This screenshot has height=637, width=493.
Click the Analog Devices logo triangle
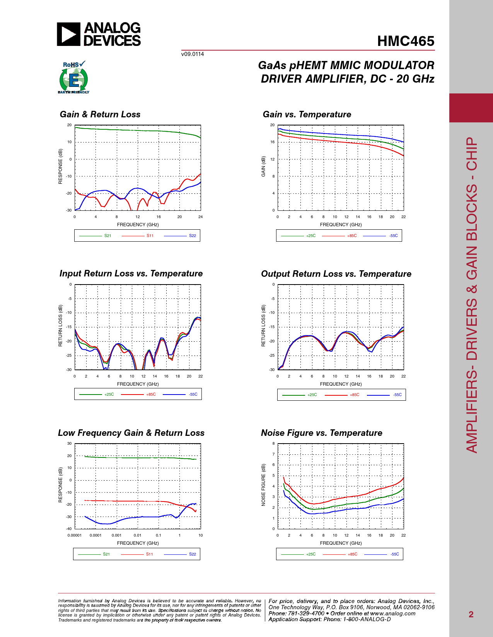[68, 34]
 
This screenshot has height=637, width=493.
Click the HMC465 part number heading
[406, 41]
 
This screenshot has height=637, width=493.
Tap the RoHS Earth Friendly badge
[73, 78]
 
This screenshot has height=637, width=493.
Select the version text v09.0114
[193, 54]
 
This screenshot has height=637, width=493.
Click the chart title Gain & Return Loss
[100, 114]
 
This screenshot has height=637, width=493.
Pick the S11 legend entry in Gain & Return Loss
[150, 235]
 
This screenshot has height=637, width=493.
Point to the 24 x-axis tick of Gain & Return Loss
[200, 217]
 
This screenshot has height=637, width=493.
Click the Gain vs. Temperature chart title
[307, 114]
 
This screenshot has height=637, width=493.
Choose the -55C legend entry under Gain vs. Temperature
[393, 235]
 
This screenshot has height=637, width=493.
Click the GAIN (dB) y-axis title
[263, 166]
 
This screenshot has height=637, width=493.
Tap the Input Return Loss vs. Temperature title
[131, 273]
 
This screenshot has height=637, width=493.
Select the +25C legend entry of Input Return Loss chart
[109, 394]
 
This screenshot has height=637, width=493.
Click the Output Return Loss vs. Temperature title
[336, 274]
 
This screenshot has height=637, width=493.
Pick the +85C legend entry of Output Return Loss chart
[354, 395]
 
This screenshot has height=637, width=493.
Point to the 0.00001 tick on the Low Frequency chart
[75, 535]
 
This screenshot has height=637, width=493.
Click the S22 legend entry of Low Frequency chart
[192, 554]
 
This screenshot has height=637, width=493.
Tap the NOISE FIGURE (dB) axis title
[263, 485]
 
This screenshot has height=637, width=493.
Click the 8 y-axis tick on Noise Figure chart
[273, 444]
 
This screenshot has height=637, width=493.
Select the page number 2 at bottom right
[471, 614]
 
